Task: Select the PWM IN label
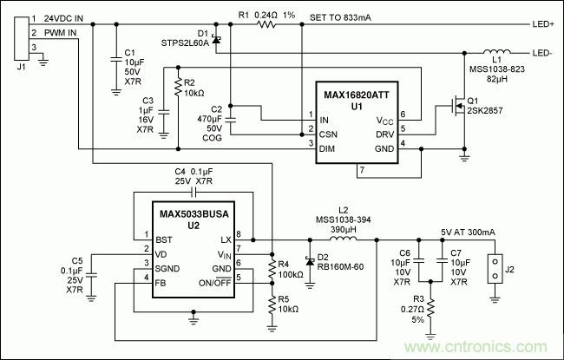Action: pos(60,33)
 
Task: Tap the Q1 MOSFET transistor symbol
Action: pos(452,109)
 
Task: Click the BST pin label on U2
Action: pos(162,239)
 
